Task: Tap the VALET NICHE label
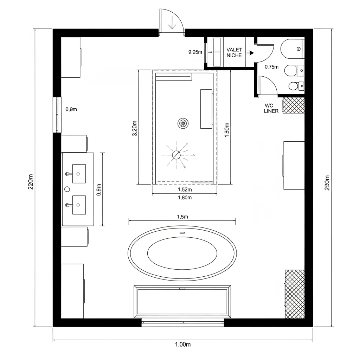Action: (x=234, y=52)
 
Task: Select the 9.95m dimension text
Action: (x=195, y=52)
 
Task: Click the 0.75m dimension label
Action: (x=271, y=67)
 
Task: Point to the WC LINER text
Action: (x=271, y=108)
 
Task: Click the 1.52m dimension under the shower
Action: (x=184, y=189)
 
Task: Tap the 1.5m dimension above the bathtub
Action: (x=182, y=217)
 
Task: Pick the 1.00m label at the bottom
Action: (x=182, y=345)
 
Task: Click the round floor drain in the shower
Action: (x=183, y=123)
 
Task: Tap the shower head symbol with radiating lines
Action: (x=176, y=155)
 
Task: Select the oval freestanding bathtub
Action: (x=182, y=253)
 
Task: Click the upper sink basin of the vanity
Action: (x=79, y=174)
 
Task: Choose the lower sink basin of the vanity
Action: (x=79, y=205)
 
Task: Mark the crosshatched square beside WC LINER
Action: (x=294, y=105)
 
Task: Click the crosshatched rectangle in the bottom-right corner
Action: (x=295, y=294)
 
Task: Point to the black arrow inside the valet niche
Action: (x=251, y=53)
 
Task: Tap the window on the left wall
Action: (x=57, y=115)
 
